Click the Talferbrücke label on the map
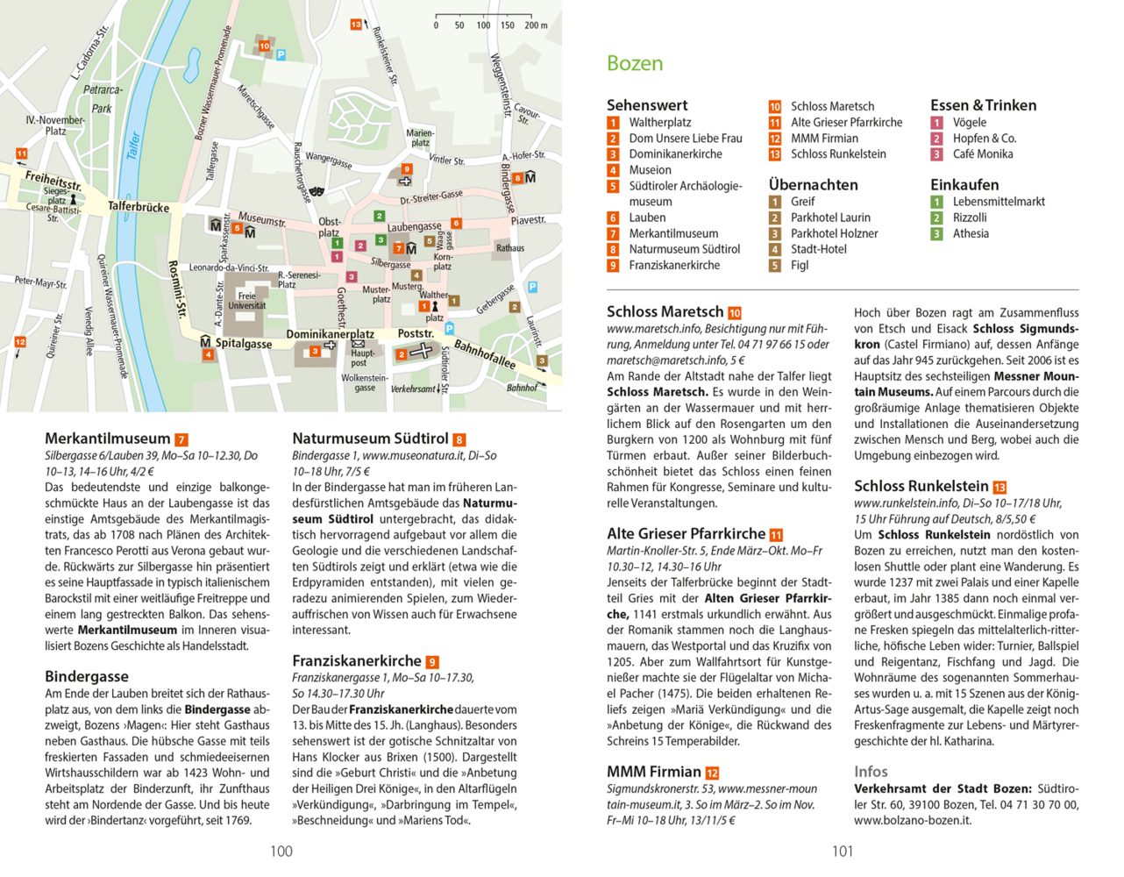(139, 207)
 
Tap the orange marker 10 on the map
(264, 46)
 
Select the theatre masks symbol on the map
(316, 189)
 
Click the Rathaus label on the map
(509, 248)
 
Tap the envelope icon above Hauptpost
(358, 344)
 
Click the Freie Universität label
(247, 301)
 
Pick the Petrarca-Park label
(103, 99)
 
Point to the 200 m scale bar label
(536, 25)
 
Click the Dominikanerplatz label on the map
(330, 334)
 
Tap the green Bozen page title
(635, 63)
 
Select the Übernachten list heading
(813, 185)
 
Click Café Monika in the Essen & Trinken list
(982, 154)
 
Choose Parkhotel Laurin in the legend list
(830, 217)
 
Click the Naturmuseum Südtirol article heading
(370, 438)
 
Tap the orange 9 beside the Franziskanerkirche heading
(432, 662)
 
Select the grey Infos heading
(871, 772)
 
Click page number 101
(843, 851)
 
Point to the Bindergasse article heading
(87, 676)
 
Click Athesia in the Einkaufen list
(971, 233)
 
